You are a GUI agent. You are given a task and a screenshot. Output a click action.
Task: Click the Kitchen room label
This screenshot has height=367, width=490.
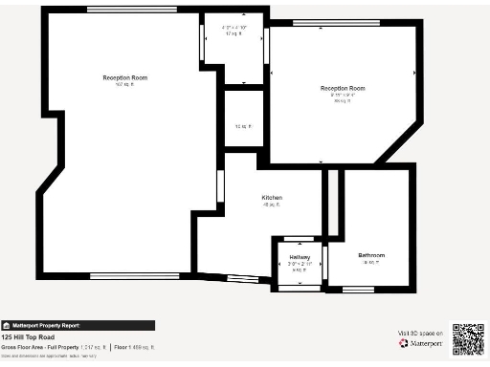pos(273,198)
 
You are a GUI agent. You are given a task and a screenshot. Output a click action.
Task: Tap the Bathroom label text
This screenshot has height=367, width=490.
pos(371,255)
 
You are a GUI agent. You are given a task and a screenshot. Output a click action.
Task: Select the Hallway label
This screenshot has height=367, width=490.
pos(300,258)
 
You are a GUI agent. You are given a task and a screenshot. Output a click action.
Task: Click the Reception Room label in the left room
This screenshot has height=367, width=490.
pos(125,77)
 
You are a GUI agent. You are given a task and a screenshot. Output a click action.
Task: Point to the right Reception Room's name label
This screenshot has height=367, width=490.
pos(343,88)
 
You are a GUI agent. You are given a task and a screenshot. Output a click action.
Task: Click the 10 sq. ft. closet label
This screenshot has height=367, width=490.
pos(243,125)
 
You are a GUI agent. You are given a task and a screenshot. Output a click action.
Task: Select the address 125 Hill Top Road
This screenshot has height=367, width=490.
pos(30,337)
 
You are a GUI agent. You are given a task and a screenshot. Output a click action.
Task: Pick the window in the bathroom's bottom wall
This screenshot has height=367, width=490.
pos(358,287)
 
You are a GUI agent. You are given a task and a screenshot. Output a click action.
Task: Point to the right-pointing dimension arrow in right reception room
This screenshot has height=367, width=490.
pos(413,73)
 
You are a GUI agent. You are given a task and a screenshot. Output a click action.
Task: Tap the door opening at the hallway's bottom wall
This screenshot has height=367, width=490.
pos(298,287)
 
